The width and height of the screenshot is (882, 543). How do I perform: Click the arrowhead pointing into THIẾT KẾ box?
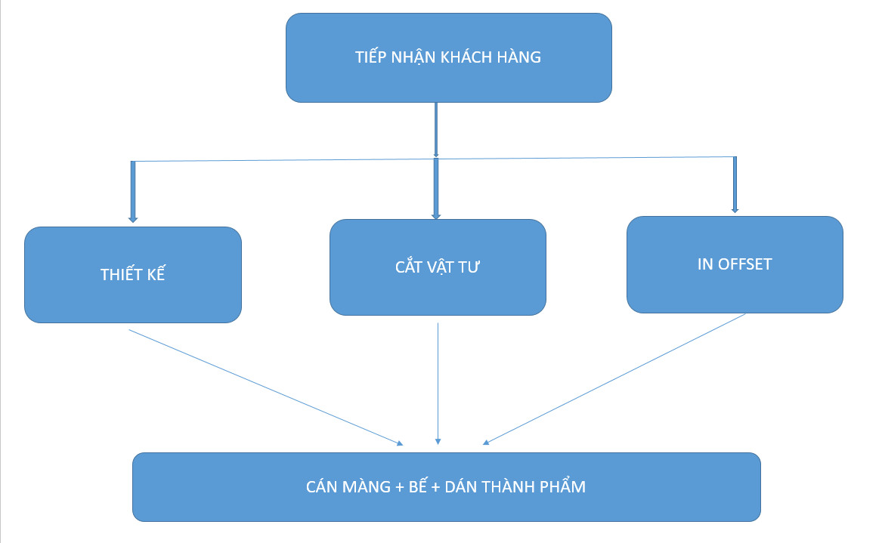[x=133, y=218]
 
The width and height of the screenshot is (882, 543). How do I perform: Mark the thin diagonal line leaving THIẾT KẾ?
[x=265, y=385]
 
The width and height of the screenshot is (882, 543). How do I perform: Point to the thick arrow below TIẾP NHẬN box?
[x=436, y=128]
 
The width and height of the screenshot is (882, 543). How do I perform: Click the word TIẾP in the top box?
[x=370, y=57]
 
